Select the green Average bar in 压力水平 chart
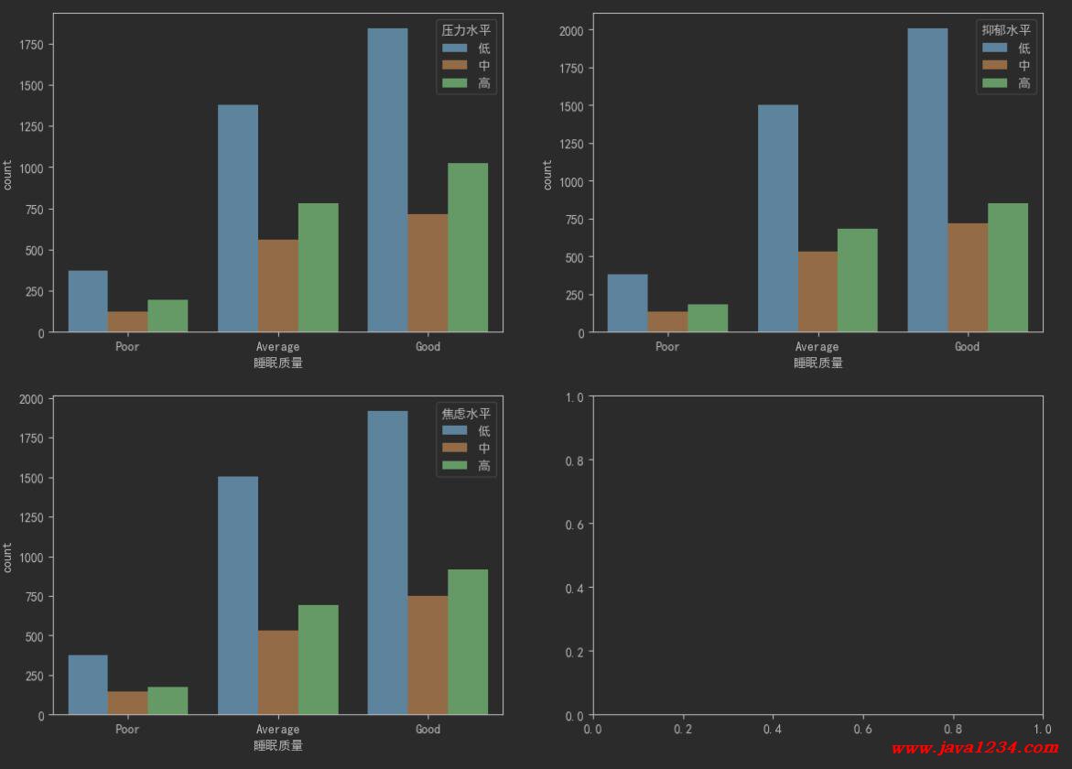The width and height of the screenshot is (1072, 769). point(318,267)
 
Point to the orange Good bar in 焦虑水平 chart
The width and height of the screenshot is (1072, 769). point(428,655)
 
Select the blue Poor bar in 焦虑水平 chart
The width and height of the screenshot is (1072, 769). point(88,685)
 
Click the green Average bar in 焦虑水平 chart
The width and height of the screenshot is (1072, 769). point(318,659)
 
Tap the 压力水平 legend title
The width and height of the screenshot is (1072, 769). point(466,30)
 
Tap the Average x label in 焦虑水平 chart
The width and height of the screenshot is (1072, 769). point(277,730)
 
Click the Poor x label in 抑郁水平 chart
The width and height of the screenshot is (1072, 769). point(667,347)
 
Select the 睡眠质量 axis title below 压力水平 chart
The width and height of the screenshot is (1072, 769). point(277,363)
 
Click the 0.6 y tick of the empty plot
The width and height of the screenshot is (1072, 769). point(575,524)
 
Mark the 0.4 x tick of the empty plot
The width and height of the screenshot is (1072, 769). point(773,730)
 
